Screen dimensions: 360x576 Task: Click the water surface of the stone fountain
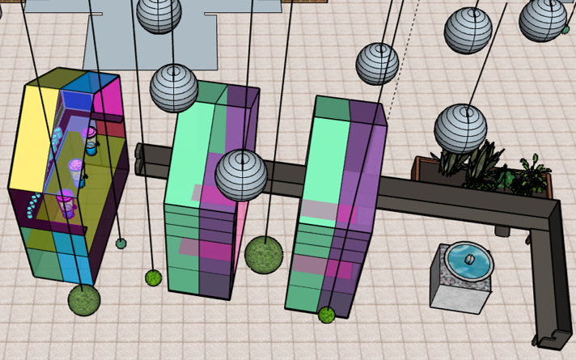(469, 261)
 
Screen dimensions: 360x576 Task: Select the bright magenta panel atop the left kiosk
(107, 96)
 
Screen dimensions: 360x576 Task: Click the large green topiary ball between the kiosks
(263, 255)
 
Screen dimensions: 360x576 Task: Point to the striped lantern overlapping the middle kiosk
(241, 175)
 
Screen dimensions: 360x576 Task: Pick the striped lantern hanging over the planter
(461, 129)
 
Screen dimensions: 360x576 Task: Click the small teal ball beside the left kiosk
(121, 243)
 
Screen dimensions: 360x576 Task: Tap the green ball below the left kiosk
(84, 299)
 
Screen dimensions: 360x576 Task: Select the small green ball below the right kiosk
(327, 314)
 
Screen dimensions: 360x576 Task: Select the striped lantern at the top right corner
(543, 19)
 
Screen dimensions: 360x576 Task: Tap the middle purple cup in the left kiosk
(75, 167)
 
